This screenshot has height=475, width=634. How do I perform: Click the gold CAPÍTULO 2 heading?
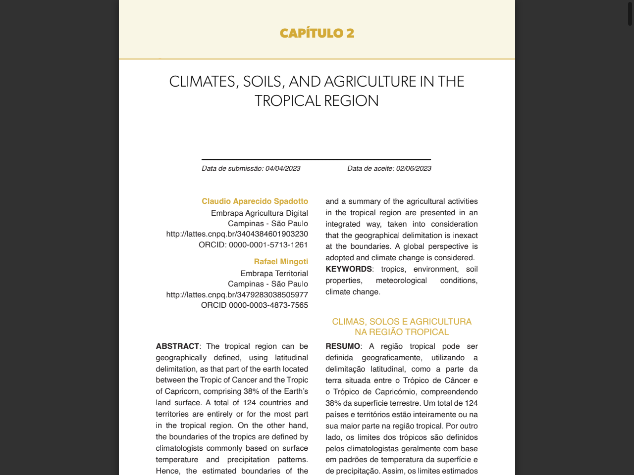[x=317, y=33]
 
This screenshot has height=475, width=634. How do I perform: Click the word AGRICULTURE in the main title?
[x=370, y=82]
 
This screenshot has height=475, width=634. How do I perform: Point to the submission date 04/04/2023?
[x=283, y=168]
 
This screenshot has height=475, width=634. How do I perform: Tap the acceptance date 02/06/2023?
[x=414, y=168]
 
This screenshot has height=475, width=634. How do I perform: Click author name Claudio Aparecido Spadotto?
[x=255, y=201]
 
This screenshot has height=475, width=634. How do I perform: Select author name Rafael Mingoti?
[x=281, y=262]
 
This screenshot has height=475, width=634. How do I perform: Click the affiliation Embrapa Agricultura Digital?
[x=259, y=213]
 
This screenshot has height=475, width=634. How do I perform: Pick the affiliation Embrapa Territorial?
[x=274, y=274]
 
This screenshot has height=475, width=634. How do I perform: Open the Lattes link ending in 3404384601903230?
[x=237, y=234]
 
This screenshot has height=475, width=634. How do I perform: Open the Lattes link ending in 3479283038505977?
[x=237, y=295]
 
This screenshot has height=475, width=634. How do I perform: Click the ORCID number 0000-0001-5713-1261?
[x=268, y=245]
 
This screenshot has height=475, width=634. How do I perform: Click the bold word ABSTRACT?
[x=177, y=346]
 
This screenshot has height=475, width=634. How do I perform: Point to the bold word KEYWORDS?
[x=348, y=269]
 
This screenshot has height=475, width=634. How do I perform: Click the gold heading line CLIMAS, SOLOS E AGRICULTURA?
[x=402, y=322]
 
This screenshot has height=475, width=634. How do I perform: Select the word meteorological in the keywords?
[x=401, y=281]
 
